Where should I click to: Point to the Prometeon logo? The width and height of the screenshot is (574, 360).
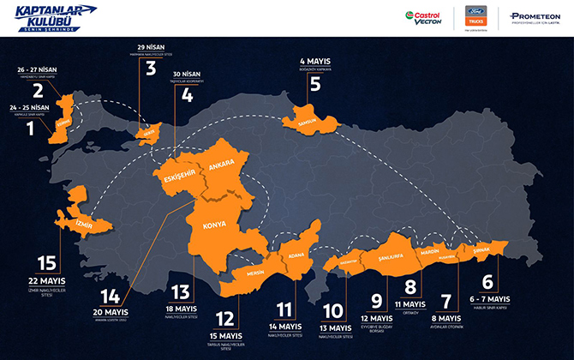point(536,17)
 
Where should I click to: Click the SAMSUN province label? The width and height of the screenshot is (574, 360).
point(307,122)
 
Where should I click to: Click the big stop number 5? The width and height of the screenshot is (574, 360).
point(314,84)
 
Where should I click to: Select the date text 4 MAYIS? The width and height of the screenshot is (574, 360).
point(314,61)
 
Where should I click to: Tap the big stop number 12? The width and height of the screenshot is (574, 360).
point(224,318)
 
